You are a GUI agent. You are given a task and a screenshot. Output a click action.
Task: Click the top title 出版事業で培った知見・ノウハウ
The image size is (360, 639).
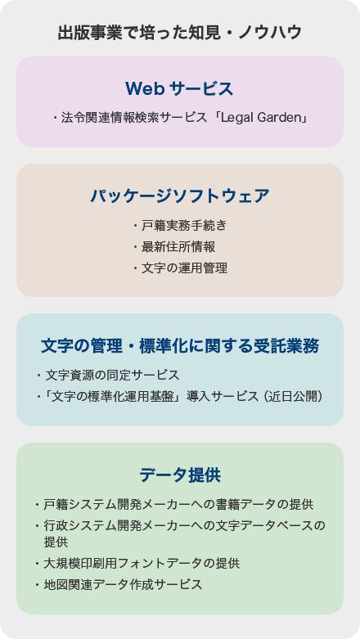180,33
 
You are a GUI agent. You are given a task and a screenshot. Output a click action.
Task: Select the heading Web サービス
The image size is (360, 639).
179,88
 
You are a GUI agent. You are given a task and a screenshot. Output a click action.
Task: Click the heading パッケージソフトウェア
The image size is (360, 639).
180,196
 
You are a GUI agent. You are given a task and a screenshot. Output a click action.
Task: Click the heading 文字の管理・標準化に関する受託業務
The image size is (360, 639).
180,346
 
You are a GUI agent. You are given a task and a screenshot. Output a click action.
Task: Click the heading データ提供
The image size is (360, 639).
180,475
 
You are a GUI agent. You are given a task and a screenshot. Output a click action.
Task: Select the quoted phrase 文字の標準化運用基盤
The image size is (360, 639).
112,396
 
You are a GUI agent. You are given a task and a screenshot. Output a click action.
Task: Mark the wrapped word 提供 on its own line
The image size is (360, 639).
56,542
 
